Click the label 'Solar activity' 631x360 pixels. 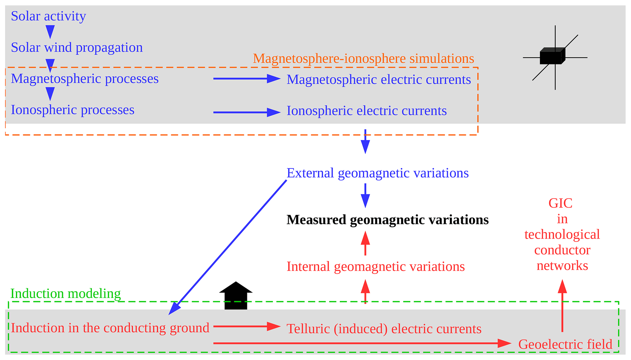[x=48, y=16]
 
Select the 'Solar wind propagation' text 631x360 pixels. [x=77, y=48]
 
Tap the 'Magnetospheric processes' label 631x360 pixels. [x=85, y=79]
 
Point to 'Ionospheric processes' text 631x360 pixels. [x=72, y=110]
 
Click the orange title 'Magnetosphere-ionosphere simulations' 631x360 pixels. [x=363, y=59]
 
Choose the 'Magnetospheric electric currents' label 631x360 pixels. [x=379, y=80]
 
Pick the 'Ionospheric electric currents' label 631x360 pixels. [x=366, y=111]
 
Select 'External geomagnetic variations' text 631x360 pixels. [x=377, y=173]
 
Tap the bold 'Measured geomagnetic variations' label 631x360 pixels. [x=387, y=220]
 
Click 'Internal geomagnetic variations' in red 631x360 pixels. [x=375, y=267]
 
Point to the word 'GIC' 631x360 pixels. [x=560, y=203]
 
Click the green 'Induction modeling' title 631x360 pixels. [x=65, y=294]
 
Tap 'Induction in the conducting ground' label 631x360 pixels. [x=110, y=328]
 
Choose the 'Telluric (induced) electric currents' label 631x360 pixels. [x=384, y=329]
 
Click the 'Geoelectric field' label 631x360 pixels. [x=565, y=344]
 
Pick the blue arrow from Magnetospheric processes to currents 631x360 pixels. [x=246, y=79]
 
